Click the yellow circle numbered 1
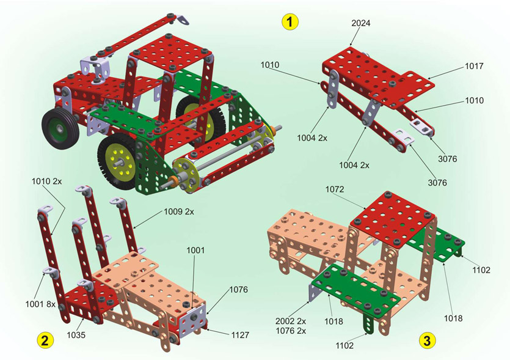290,22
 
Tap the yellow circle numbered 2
45,340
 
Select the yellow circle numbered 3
427,340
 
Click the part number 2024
361,23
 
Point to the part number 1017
474,66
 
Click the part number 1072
335,189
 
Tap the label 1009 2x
178,211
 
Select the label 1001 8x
41,304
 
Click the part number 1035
76,334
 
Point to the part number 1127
240,335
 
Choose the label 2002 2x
291,321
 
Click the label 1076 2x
291,331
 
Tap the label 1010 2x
46,182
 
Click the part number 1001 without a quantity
195,251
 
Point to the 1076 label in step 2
239,289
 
